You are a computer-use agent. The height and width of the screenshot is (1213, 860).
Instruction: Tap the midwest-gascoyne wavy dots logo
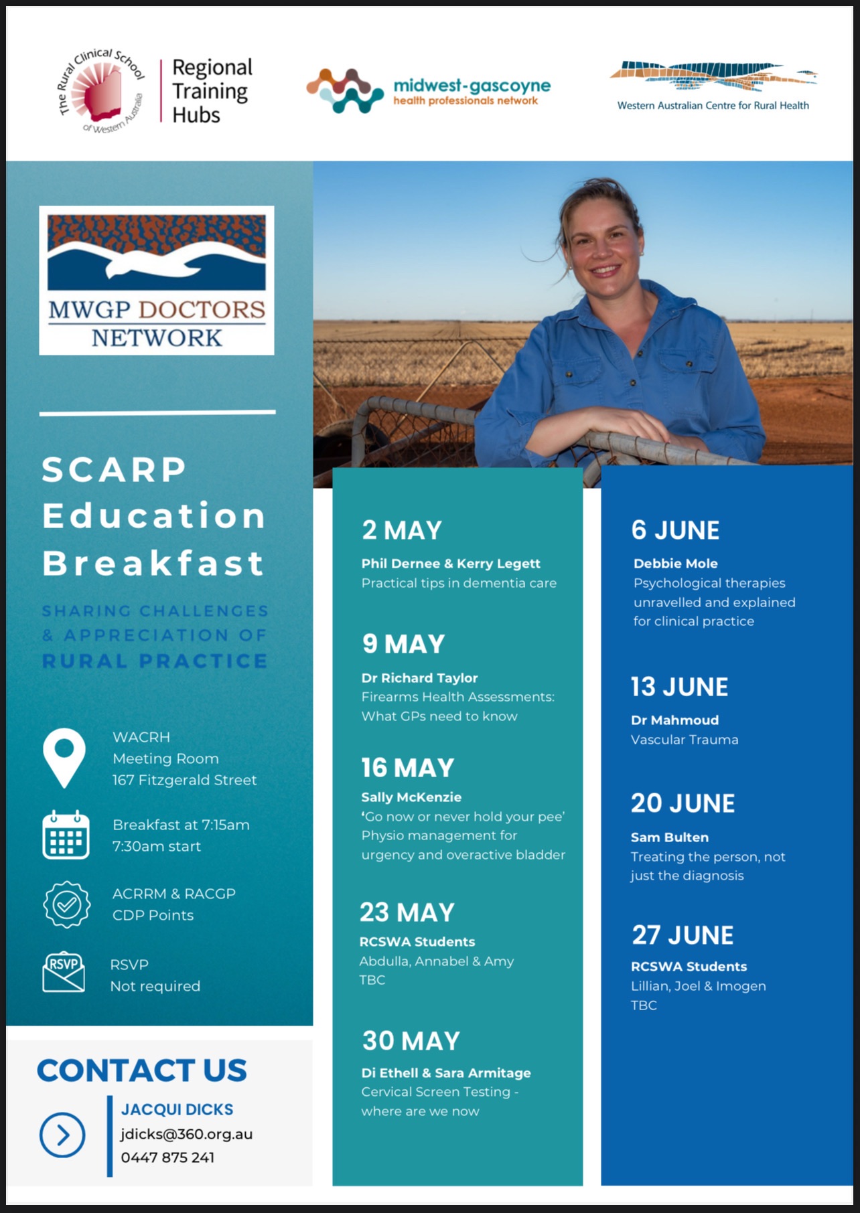click(x=346, y=90)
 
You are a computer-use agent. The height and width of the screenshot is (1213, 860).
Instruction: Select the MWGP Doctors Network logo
click(x=157, y=280)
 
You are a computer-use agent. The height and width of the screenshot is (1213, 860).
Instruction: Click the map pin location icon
click(x=64, y=758)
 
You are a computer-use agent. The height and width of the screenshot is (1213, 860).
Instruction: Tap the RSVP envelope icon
click(x=64, y=972)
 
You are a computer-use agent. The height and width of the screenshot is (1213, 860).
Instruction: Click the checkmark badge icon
click(x=66, y=904)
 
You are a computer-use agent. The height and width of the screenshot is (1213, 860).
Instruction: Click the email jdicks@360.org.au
click(x=187, y=1134)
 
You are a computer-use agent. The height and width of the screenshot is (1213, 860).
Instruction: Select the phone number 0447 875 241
click(x=167, y=1157)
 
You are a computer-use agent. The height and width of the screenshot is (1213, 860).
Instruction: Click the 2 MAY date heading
click(x=402, y=530)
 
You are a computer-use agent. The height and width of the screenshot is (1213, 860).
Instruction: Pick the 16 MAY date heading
click(x=408, y=768)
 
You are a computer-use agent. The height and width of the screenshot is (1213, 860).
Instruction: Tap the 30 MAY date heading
click(x=411, y=1041)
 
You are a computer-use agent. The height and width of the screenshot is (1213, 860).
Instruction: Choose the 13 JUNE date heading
click(x=679, y=687)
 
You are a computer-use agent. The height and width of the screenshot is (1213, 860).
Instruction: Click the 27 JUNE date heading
click(x=683, y=935)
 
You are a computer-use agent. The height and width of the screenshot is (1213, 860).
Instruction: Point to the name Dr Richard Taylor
click(x=419, y=677)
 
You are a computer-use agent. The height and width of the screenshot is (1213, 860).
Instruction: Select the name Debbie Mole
click(x=675, y=564)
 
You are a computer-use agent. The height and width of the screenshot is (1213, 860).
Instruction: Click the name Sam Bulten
click(x=670, y=837)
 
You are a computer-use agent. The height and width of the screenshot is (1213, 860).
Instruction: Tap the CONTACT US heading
click(x=142, y=1070)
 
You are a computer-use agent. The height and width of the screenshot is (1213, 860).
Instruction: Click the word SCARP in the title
click(x=114, y=469)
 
